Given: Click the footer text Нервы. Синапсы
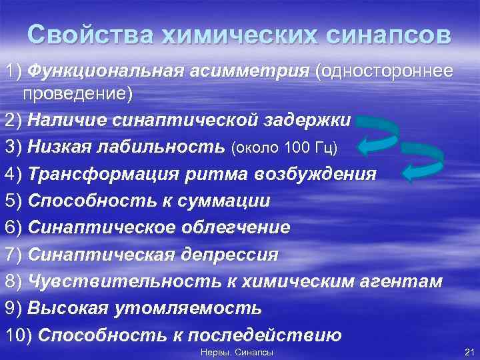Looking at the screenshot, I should (x=237, y=351).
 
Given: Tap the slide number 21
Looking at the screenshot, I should (x=468, y=351).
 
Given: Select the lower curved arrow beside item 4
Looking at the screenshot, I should (x=424, y=163).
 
